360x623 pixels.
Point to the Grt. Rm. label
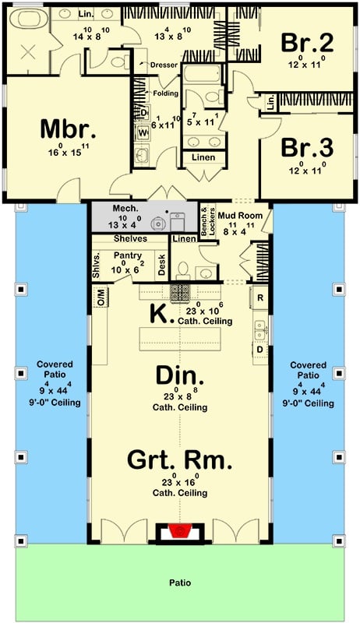point(180,461)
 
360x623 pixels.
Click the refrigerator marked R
point(259,298)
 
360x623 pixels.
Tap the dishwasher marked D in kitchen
point(259,349)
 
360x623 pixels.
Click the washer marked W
point(143,132)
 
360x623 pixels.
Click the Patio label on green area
point(180,582)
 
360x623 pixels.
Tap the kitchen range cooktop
point(181,293)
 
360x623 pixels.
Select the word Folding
point(165,93)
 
